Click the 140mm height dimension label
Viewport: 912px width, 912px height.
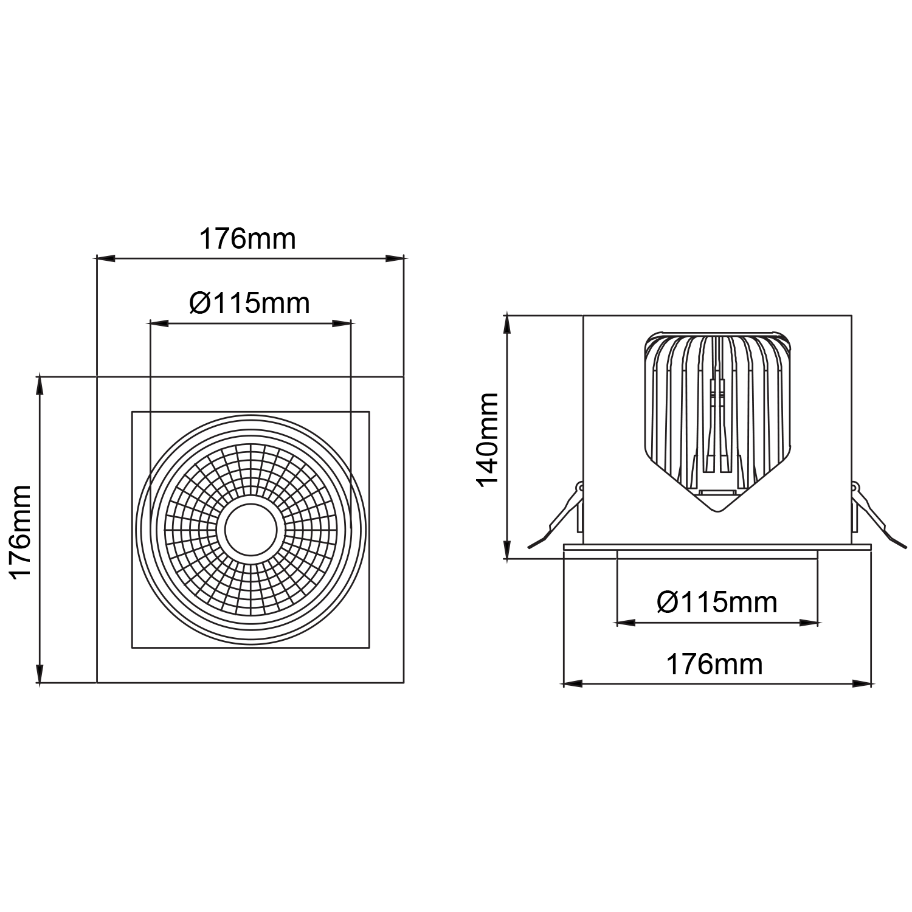point(488,438)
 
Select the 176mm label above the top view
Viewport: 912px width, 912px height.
point(248,240)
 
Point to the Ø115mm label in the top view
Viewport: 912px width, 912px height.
point(249,302)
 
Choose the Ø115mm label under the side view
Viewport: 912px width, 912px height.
point(717,603)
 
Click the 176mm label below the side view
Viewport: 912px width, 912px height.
point(715,665)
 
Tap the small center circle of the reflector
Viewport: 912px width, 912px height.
point(252,530)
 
